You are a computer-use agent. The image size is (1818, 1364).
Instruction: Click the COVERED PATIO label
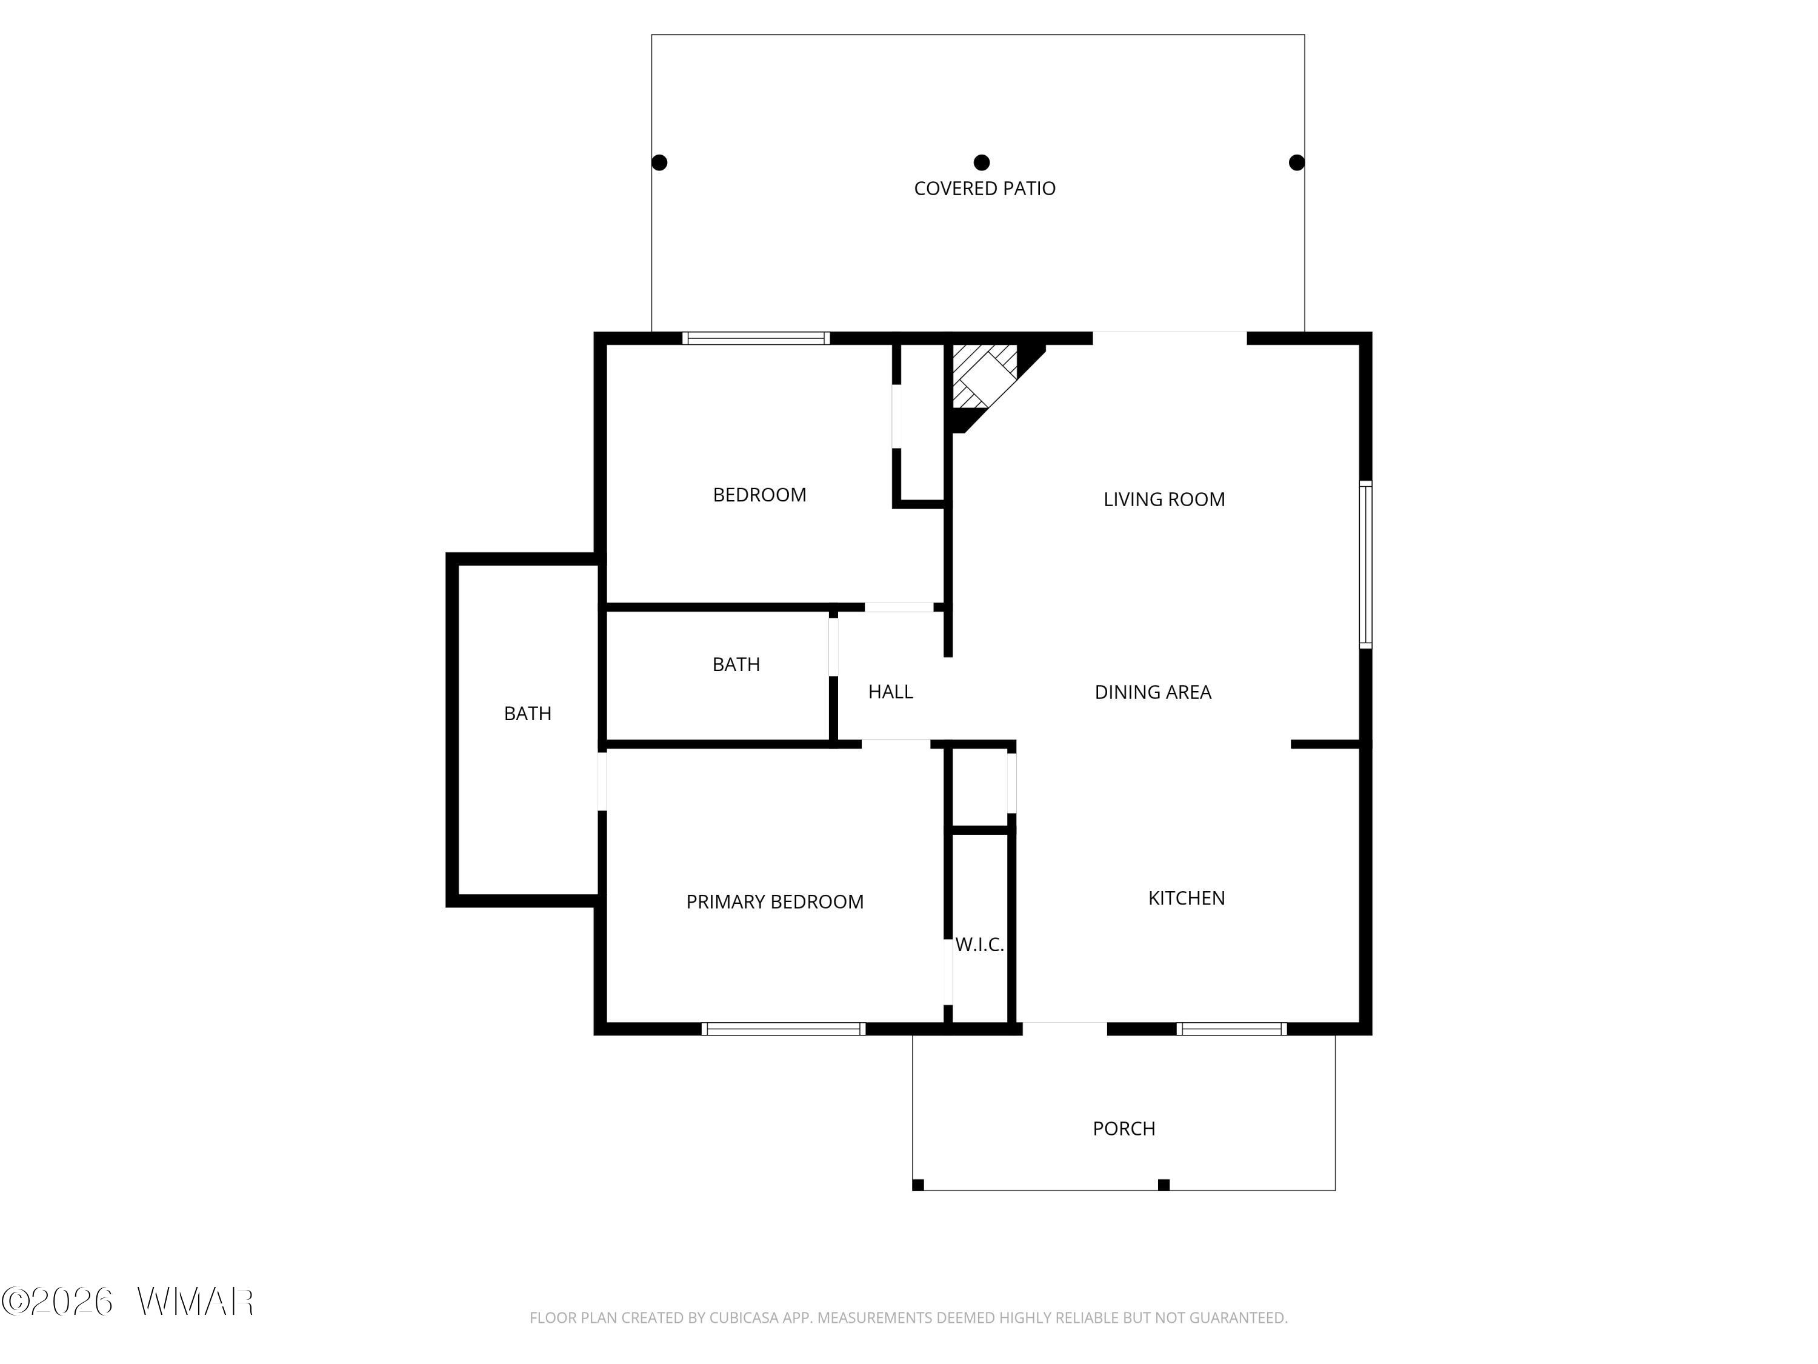click(985, 189)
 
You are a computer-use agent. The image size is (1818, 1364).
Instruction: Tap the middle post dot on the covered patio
click(981, 163)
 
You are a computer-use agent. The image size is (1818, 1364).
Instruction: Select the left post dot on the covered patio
click(659, 163)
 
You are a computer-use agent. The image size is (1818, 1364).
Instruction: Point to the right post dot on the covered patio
click(1297, 163)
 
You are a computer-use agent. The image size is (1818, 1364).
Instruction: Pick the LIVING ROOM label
click(1164, 499)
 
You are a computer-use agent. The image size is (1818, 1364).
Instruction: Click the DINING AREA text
click(1153, 692)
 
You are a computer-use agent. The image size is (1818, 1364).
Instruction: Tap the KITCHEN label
click(1187, 898)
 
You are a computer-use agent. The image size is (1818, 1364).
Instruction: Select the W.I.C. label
click(980, 944)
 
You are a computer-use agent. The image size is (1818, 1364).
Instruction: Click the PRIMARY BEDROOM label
click(775, 902)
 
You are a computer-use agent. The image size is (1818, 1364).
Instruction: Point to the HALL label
click(891, 692)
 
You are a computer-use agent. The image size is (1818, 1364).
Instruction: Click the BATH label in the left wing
click(528, 714)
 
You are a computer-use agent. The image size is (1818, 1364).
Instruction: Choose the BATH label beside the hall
click(736, 664)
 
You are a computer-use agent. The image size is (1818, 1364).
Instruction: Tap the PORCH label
click(1124, 1129)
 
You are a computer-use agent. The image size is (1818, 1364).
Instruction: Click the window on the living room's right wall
click(1365, 565)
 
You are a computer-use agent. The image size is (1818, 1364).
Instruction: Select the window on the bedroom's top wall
click(756, 338)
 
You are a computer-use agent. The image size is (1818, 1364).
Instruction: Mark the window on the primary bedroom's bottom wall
click(783, 1029)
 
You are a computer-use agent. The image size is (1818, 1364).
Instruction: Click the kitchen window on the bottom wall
click(1232, 1029)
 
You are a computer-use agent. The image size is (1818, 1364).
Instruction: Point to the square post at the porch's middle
click(1164, 1185)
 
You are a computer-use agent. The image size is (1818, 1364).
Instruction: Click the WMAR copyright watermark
click(127, 1302)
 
